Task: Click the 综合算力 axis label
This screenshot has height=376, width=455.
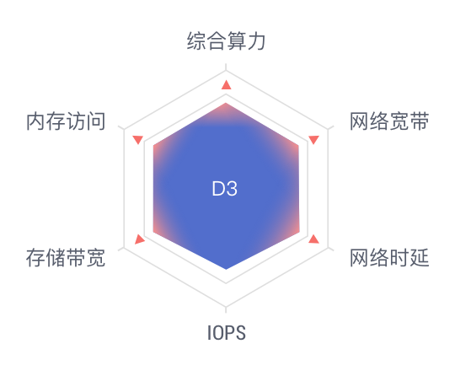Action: pos(226,41)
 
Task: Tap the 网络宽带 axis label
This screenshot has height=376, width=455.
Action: pos(389,121)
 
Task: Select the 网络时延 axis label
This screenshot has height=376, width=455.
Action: pos(389,257)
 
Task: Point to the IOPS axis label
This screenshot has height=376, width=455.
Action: pos(227,333)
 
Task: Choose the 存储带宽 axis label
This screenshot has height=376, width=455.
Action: pos(66,257)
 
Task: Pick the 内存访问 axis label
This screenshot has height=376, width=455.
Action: pos(66,121)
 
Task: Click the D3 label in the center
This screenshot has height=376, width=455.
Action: pos(225,189)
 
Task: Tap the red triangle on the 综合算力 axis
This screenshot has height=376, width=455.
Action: pos(227,85)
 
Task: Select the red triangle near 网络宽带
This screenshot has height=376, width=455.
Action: pos(314,139)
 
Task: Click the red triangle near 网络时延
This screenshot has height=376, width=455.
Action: pos(314,239)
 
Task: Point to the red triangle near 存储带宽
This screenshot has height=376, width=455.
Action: pos(139,239)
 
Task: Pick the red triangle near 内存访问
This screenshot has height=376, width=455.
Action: pos(138,139)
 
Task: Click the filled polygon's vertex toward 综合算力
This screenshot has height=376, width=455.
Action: pos(226,103)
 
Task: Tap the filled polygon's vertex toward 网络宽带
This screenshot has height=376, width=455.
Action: pos(298,145)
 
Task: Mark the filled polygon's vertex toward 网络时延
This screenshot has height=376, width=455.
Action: pos(299,232)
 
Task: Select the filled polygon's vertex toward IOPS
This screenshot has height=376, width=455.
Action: pos(226,270)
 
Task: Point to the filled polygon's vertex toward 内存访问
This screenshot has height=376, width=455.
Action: pos(153,145)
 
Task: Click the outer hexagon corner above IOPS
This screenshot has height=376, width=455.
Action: pos(226,306)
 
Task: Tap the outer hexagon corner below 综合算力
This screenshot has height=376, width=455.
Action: pos(226,70)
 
